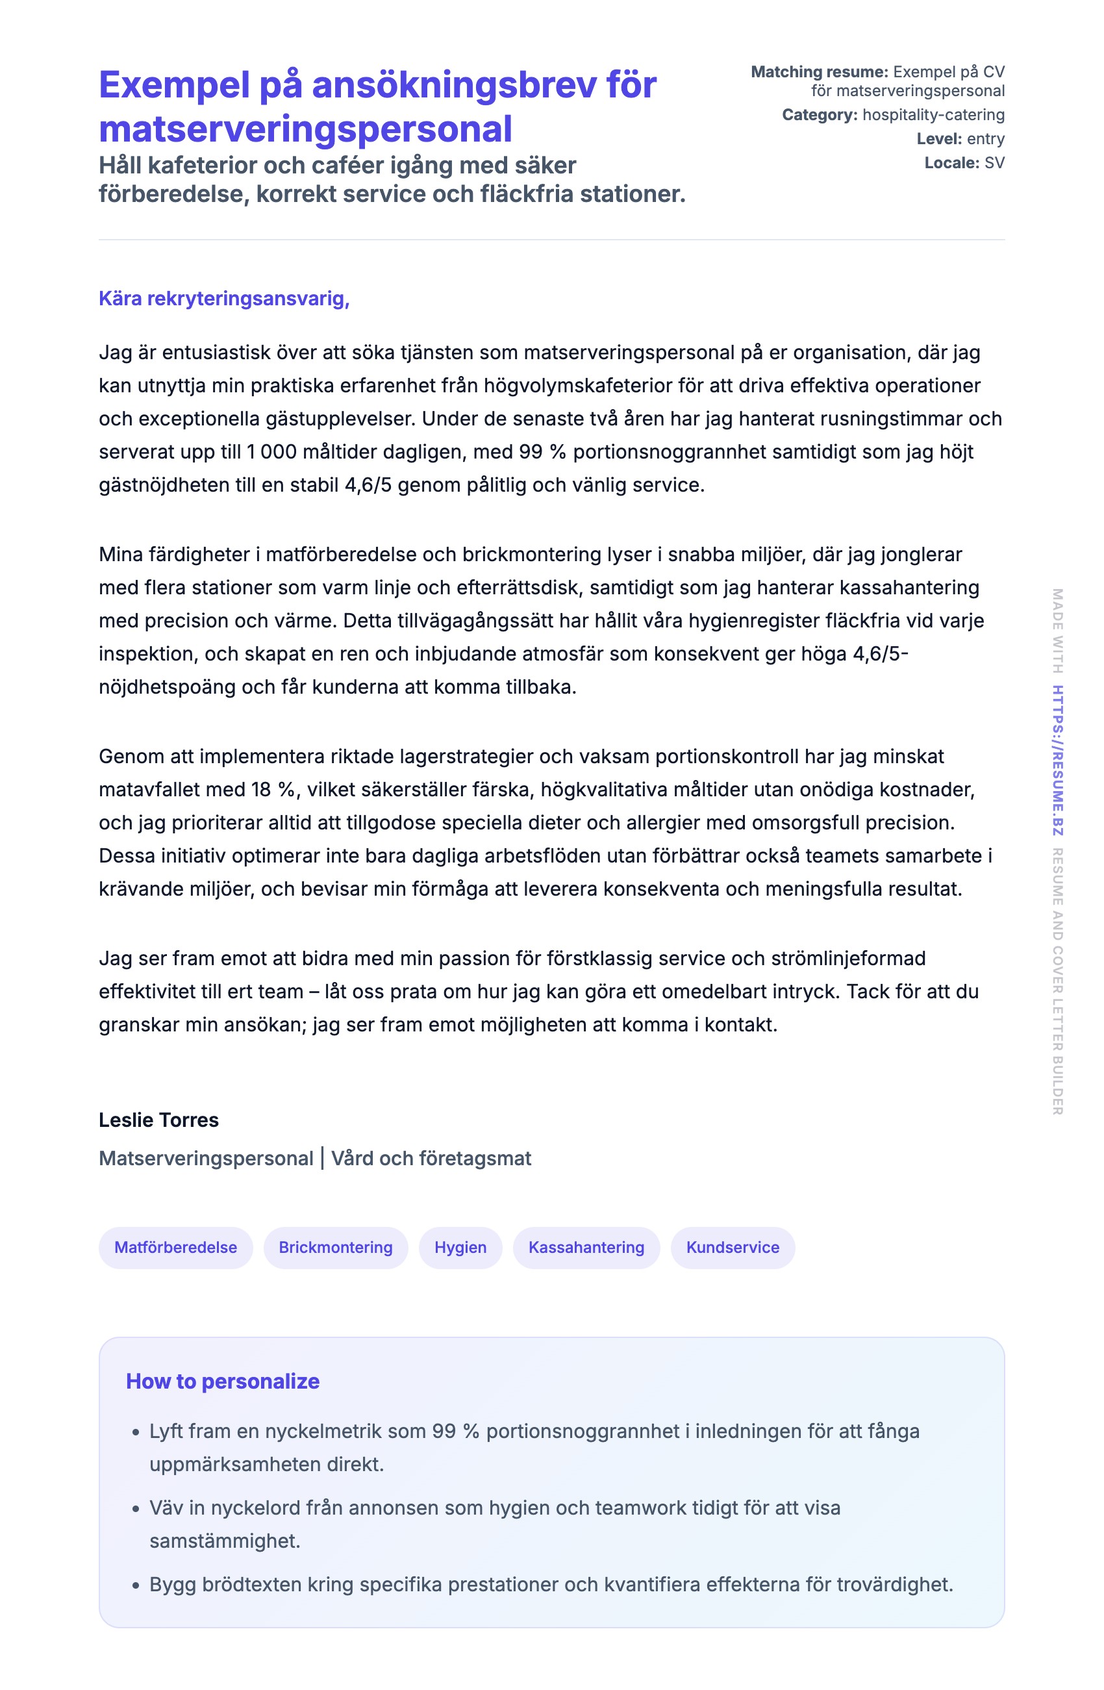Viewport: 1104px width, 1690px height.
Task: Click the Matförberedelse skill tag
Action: tap(175, 1248)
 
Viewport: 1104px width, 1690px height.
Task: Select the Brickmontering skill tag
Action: tap(335, 1248)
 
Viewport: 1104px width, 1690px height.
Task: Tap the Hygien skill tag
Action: tap(460, 1248)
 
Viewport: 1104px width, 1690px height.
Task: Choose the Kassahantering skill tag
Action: tap(586, 1248)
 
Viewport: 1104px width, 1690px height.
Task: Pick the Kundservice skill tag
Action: tap(732, 1248)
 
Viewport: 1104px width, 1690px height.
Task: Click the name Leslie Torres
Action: tap(158, 1120)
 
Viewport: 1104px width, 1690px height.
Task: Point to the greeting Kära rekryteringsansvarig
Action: tap(223, 298)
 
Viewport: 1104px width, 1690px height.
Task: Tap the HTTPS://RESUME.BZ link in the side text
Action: tap(1057, 760)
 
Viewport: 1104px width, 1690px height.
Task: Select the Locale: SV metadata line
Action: tap(964, 162)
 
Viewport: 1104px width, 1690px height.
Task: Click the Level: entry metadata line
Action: tap(960, 138)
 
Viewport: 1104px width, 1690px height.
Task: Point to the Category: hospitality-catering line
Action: tap(892, 114)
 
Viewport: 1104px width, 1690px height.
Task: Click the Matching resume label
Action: tap(819, 71)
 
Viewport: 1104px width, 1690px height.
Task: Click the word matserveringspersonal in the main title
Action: tap(305, 129)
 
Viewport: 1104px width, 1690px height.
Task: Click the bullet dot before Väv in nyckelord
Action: tap(136, 1509)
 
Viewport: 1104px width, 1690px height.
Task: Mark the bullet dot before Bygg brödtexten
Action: tap(136, 1585)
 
